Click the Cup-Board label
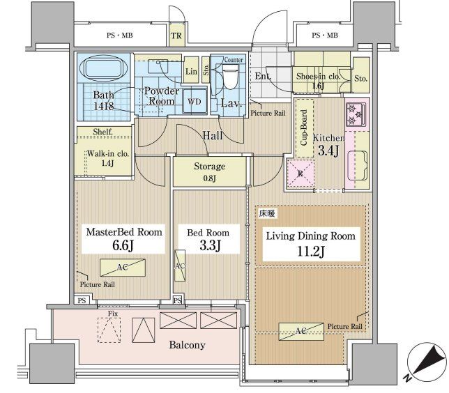point(303,128)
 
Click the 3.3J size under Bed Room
point(207,246)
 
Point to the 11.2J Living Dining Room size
point(308,252)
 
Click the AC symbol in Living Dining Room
point(300,330)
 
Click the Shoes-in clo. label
point(319,77)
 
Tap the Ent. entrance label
point(263,77)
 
